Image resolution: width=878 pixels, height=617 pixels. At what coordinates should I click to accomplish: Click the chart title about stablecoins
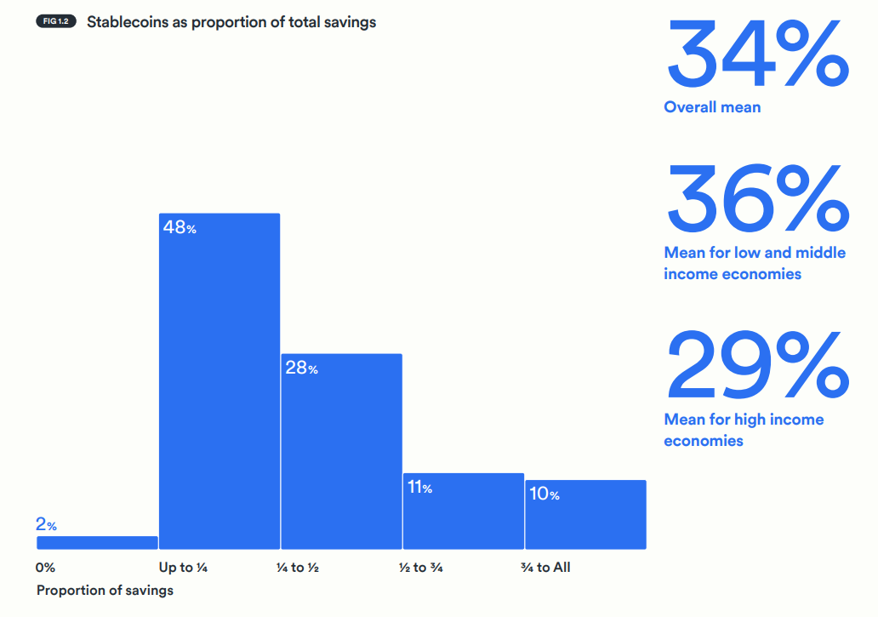231,22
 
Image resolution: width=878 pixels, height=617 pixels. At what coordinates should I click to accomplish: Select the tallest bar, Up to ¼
219,383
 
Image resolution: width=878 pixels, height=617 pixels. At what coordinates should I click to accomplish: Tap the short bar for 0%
97,542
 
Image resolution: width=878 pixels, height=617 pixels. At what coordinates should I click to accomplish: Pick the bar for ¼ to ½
341,451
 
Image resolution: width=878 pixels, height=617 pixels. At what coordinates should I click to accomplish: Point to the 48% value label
180,228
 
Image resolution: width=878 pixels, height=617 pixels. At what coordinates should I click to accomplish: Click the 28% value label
301,368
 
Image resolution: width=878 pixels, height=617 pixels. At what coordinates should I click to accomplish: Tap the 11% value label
420,488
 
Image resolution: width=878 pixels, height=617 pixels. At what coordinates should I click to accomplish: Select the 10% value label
544,494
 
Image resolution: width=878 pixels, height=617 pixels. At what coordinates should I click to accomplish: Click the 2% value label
47,525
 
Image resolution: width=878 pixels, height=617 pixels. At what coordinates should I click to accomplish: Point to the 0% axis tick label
46,567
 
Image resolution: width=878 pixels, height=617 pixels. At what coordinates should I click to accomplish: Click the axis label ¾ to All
545,567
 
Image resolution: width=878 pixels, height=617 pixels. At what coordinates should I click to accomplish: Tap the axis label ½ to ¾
421,567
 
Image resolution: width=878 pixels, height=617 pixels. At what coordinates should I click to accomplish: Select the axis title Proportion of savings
105,590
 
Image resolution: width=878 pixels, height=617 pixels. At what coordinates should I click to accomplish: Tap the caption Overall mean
712,107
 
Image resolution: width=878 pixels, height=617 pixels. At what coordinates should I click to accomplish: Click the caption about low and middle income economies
755,263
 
